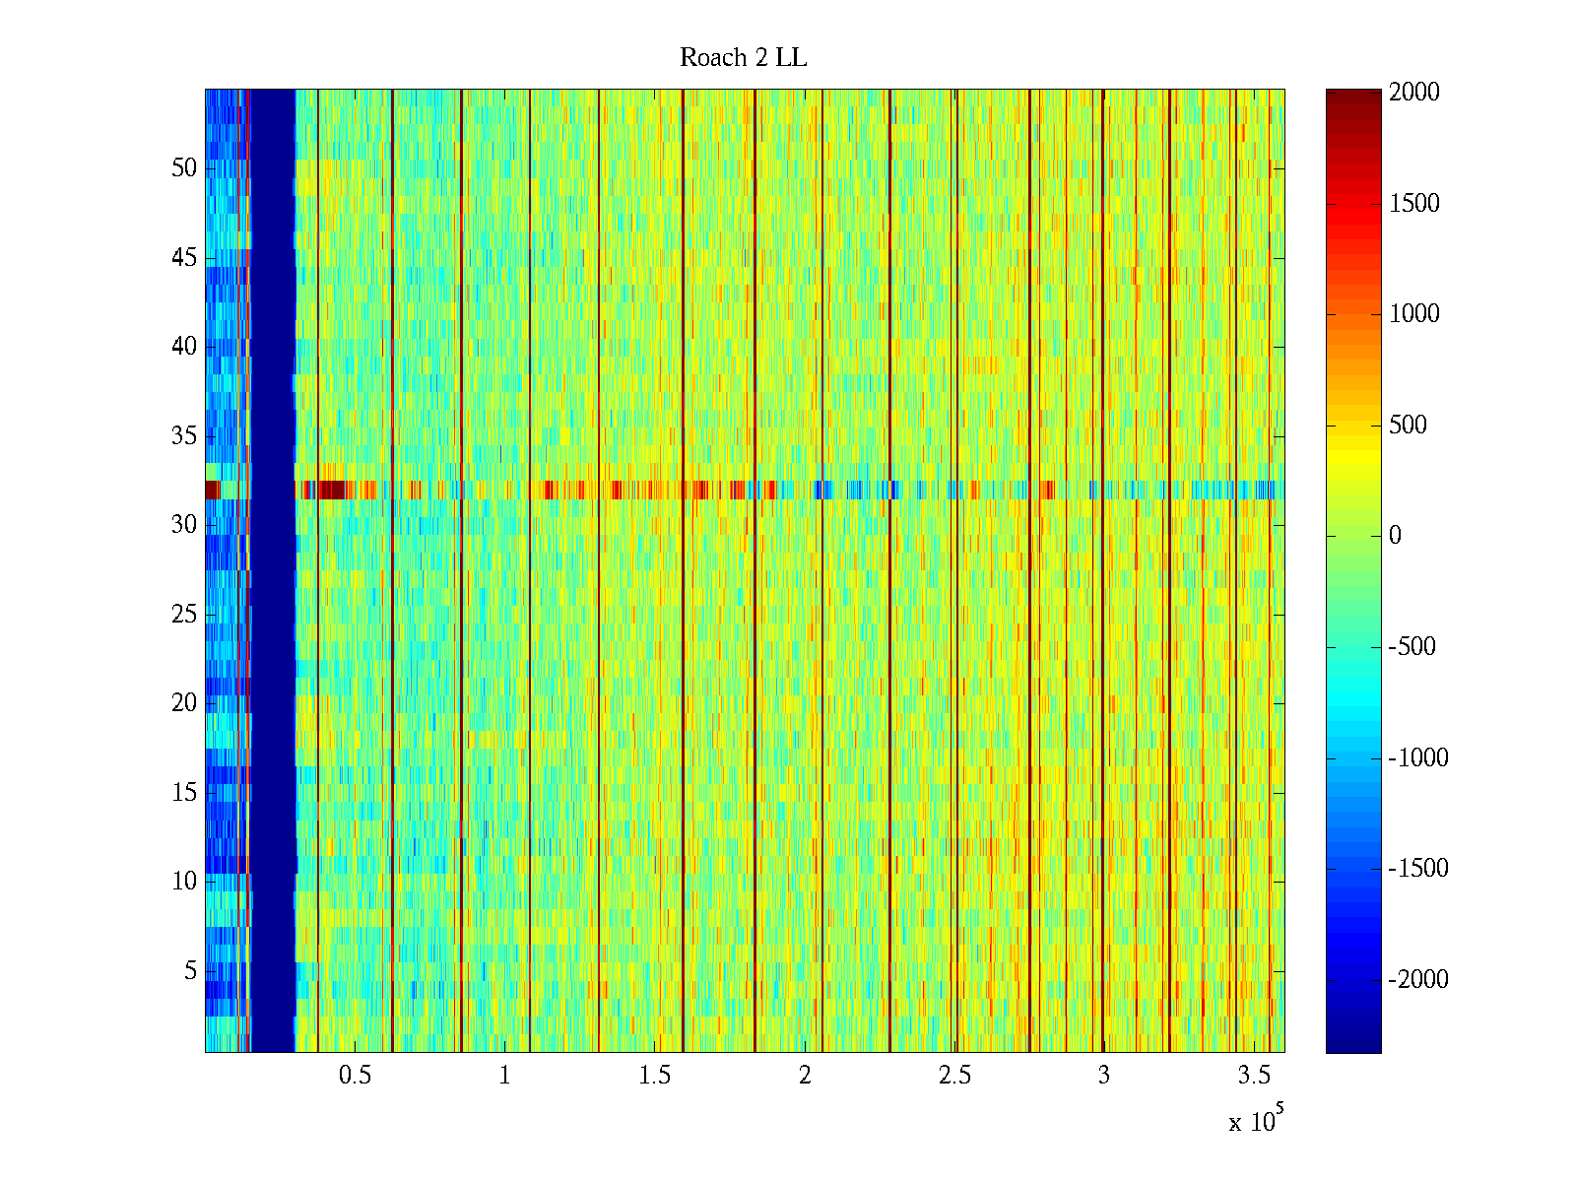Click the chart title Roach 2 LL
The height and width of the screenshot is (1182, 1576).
tap(743, 58)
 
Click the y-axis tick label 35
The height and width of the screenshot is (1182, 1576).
tap(184, 436)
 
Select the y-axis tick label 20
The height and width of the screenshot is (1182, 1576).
tap(184, 703)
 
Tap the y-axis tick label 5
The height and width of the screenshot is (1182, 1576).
tap(190, 971)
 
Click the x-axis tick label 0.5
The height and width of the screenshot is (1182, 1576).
tap(355, 1076)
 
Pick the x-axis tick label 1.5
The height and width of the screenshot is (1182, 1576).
tap(654, 1076)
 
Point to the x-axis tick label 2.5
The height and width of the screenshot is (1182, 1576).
tap(953, 1076)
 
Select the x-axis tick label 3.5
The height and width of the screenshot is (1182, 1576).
tap(1254, 1076)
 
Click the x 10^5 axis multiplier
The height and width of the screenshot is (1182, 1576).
tap(1255, 1121)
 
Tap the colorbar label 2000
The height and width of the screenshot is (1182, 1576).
tap(1413, 93)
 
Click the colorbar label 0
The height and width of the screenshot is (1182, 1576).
tap(1395, 536)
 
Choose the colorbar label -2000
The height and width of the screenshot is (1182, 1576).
tap(1418, 979)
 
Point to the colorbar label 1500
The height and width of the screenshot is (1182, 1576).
tap(1413, 204)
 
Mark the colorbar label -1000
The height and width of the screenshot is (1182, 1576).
tap(1418, 757)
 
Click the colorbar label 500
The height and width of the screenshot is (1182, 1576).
tap(1408, 426)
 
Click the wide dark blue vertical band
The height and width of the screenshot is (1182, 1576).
tap(273, 571)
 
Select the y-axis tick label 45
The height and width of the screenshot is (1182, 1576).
tap(184, 258)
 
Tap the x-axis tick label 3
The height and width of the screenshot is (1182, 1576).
tap(1103, 1076)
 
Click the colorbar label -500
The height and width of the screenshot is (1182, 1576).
tap(1412, 647)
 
